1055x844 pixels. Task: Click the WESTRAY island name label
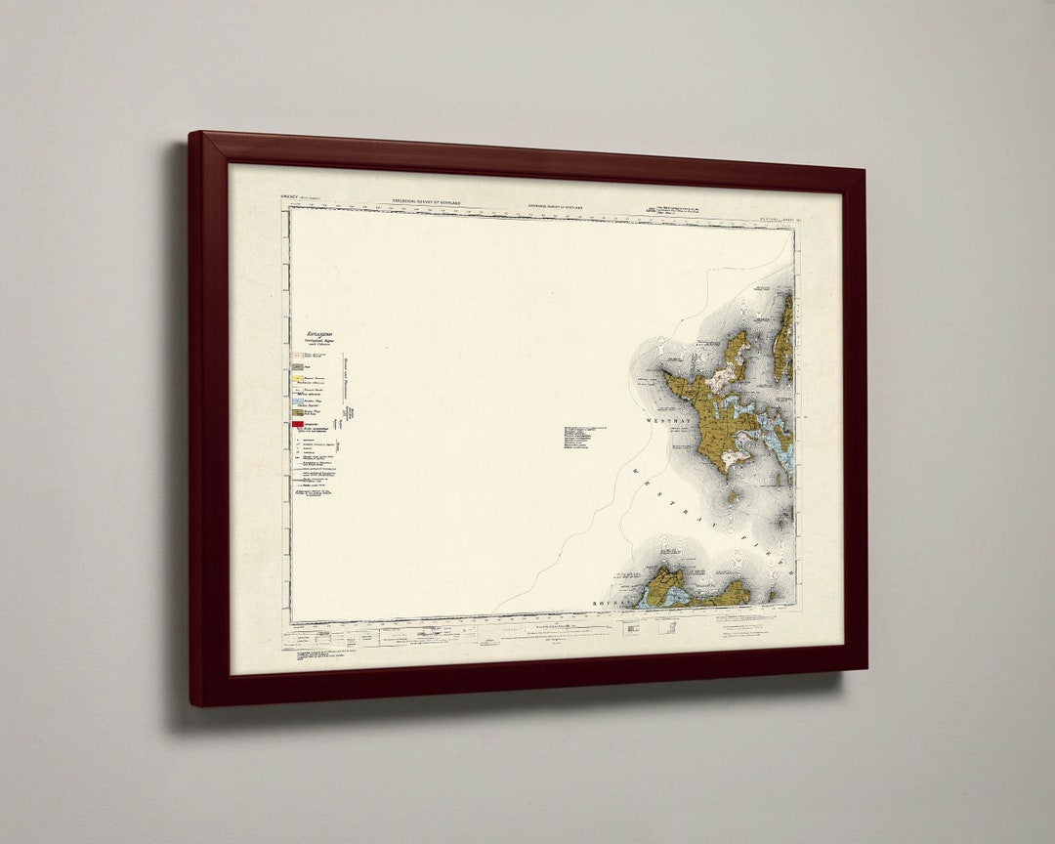tap(668, 421)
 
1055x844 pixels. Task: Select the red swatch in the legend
tap(297, 425)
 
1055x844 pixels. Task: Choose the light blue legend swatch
tap(296, 401)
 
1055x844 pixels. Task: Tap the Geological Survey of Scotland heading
tap(427, 201)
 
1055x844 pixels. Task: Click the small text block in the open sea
tap(583, 437)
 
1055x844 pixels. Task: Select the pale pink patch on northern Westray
tap(725, 377)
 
